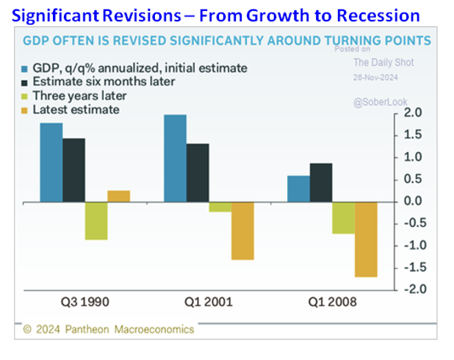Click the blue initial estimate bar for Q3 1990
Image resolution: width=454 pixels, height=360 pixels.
pos(51,162)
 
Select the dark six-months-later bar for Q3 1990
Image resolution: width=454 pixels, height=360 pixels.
pos(73,170)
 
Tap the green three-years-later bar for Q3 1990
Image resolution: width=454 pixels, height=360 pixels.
pos(96,220)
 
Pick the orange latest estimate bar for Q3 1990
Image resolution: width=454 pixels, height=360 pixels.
pos(118,196)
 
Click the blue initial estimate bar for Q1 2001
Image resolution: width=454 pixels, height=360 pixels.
pos(175,158)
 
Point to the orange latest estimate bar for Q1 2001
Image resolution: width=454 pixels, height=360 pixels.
pos(242,231)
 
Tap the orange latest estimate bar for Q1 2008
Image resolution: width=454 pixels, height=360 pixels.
pos(366,240)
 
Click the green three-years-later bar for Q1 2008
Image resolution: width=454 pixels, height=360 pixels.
pos(343,217)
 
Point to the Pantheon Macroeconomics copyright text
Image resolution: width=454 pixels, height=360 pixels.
pos(108,329)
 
